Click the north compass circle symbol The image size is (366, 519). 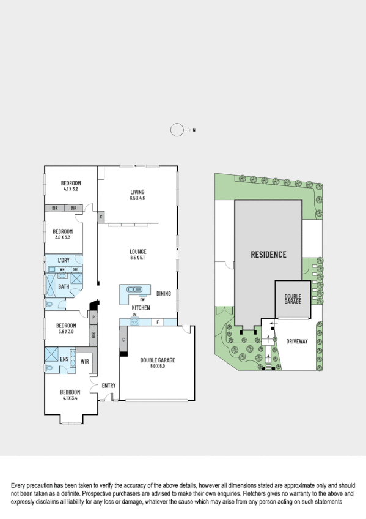[177, 130]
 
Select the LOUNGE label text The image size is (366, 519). [137, 252]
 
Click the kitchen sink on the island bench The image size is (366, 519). [133, 290]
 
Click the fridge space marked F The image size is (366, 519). [158, 322]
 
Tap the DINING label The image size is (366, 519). [164, 293]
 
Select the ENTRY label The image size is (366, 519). [109, 385]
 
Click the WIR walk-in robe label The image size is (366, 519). [85, 362]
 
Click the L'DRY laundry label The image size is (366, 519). [64, 261]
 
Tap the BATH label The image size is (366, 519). [63, 286]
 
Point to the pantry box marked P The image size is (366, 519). [93, 318]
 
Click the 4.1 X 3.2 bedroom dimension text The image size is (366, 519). [71, 190]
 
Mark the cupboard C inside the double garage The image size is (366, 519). [123, 340]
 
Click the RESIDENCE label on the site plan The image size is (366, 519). [268, 254]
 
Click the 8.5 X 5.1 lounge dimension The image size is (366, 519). [137, 258]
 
